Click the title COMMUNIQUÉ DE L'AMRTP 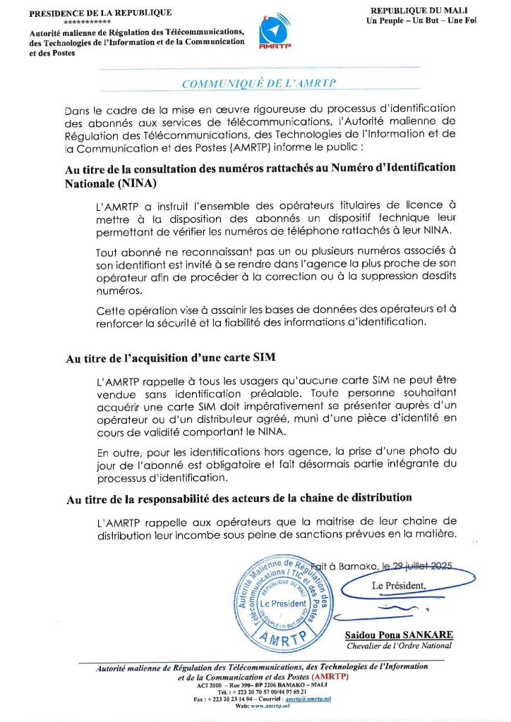pos(259,83)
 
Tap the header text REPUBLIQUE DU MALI pos(421,11)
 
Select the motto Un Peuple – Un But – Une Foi pos(421,20)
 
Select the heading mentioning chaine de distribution pos(239,498)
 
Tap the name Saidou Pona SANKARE pos(399,635)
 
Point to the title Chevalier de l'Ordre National pos(399,646)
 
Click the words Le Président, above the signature pos(399,586)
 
